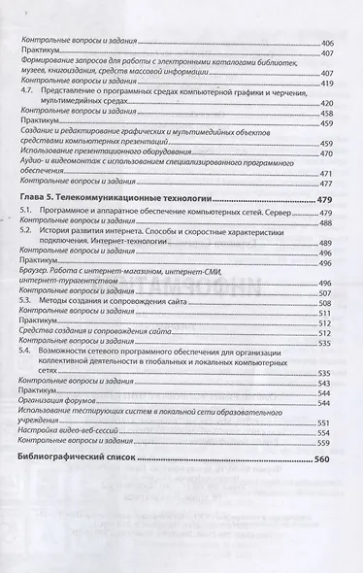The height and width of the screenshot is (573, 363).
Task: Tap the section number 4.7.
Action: [x=28, y=89]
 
